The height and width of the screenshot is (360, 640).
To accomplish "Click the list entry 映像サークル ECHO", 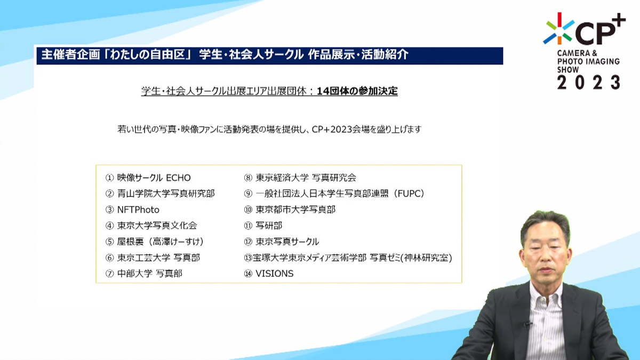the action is point(154,178).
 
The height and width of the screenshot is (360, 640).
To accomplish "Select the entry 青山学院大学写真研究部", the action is point(166,194).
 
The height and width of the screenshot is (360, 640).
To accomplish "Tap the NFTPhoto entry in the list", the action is point(138,210).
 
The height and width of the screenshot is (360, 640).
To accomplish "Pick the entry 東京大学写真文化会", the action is point(157,226).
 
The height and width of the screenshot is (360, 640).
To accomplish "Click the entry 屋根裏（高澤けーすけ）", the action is point(161,242).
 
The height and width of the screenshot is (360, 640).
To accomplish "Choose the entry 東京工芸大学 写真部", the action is point(158,258).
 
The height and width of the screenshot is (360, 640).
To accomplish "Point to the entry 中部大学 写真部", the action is point(150,274).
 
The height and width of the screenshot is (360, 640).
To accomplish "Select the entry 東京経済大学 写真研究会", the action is point(306,178).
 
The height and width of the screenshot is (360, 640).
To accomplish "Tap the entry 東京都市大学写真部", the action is point(295,210).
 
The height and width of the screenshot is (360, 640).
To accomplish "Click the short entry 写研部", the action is point(269,226).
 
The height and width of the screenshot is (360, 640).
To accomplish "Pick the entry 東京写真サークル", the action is point(287,242).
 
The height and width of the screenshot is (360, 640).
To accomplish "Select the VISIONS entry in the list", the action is point(275,274).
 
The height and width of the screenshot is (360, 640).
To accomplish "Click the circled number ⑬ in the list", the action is point(248,258).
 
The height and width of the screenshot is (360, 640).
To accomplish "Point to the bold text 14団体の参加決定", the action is point(357,91).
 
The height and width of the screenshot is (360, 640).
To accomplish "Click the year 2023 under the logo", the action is point(589,83).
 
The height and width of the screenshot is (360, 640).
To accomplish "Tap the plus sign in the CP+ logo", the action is point(618,21).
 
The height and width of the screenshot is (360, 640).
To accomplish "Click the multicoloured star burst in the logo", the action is point(559,28).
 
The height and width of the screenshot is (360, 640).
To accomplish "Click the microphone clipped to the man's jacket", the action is point(527,325).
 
